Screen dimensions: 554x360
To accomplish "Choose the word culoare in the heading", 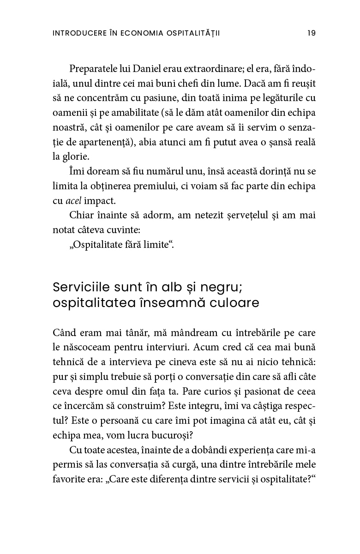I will click(230, 304).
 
